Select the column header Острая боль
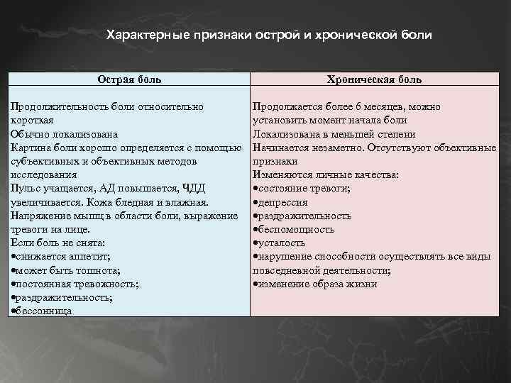pyautogui.click(x=128, y=79)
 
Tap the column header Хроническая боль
pyautogui.click(x=374, y=79)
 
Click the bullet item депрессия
pyautogui.click(x=285, y=202)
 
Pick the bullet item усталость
pyautogui.click(x=282, y=243)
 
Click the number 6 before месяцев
pyautogui.click(x=359, y=106)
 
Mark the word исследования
pyautogui.click(x=40, y=174)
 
